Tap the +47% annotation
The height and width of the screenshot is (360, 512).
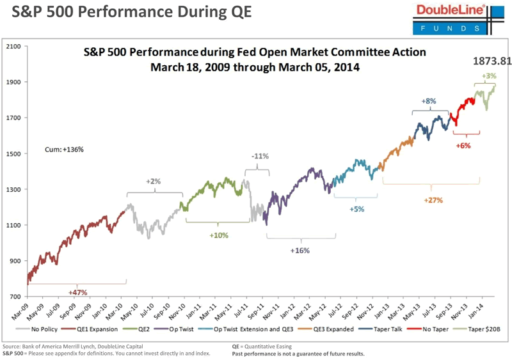coord(77,292)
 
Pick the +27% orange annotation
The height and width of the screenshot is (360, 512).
coord(433,200)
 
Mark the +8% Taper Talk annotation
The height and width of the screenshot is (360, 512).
coord(429,101)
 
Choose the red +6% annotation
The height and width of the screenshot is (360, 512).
coord(463,145)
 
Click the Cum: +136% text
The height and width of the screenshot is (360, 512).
coord(64,149)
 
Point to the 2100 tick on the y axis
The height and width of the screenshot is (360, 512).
coord(13,47)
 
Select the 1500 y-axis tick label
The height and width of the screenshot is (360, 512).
coord(13,154)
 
